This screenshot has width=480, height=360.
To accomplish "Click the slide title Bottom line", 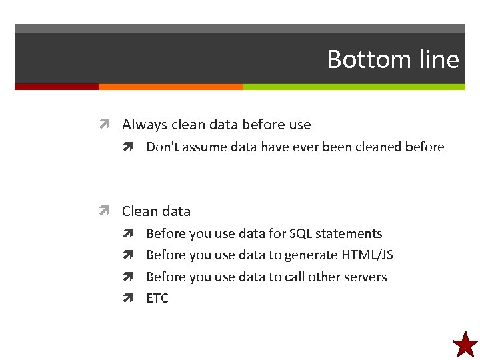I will coord(393,60).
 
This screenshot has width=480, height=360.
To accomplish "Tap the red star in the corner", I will coord(465,345).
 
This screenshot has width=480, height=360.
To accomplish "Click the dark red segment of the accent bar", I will coord(56,87).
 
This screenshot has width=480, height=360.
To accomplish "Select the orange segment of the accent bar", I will coord(170,87).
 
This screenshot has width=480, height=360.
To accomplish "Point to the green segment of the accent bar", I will coord(353,87).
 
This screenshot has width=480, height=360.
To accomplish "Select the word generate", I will coord(311,255).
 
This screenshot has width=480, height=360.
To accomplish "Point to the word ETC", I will coord(157,298).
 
